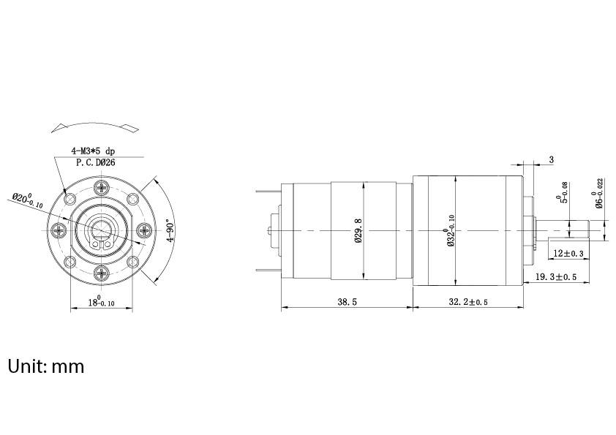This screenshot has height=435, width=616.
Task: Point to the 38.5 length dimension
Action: point(348,301)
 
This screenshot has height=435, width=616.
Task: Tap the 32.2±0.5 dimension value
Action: point(467,301)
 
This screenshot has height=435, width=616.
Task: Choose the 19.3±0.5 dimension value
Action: point(556,277)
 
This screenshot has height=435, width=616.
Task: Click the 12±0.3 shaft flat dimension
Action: point(568,254)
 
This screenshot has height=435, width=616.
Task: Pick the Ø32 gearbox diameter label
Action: point(451,230)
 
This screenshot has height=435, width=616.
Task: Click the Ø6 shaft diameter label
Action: point(598,194)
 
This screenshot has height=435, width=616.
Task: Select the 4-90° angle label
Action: point(170,230)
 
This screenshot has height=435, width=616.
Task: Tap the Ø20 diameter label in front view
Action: point(28,200)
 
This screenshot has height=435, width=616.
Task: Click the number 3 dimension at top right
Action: point(551,159)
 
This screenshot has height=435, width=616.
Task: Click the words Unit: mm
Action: point(46,366)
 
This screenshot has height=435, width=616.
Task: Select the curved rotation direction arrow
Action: point(93,126)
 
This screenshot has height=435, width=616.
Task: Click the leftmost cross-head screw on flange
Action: point(58,231)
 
